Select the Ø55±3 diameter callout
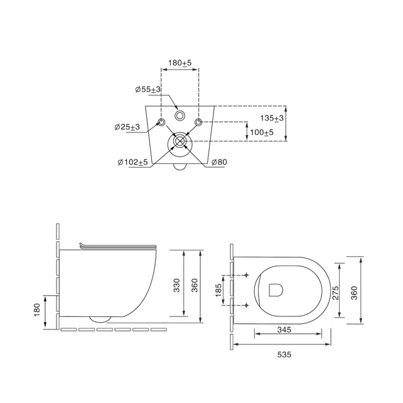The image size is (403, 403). [x=148, y=90]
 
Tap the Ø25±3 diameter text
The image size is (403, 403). [x=127, y=127]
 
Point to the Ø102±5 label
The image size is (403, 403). [x=132, y=163]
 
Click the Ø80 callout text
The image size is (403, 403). [x=218, y=163]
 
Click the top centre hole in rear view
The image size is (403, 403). [x=180, y=116]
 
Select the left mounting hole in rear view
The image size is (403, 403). [x=161, y=122]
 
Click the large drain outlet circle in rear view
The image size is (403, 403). [x=180, y=142]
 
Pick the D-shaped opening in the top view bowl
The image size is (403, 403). [x=275, y=289]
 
